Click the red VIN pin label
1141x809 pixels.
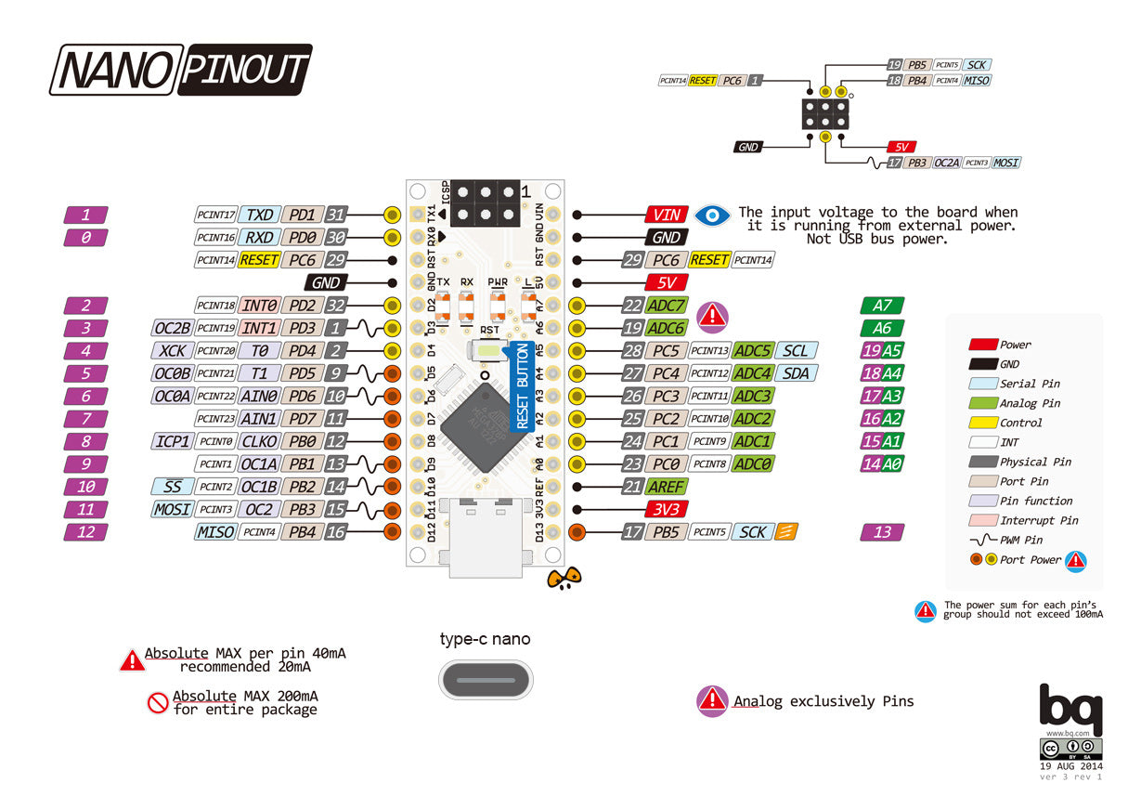tap(667, 215)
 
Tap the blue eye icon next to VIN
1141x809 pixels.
tap(712, 215)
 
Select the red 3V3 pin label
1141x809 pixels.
tap(667, 509)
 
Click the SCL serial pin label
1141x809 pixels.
tap(796, 350)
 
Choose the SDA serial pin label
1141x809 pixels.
tap(796, 373)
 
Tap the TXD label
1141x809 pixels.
tap(259, 215)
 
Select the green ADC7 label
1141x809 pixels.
tap(667, 306)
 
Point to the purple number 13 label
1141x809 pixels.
tap(882, 532)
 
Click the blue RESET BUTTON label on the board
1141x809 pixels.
tap(522, 386)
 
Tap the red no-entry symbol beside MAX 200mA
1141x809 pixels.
tap(157, 702)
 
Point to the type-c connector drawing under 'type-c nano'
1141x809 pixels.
tap(486, 679)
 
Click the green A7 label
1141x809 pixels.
tap(882, 306)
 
